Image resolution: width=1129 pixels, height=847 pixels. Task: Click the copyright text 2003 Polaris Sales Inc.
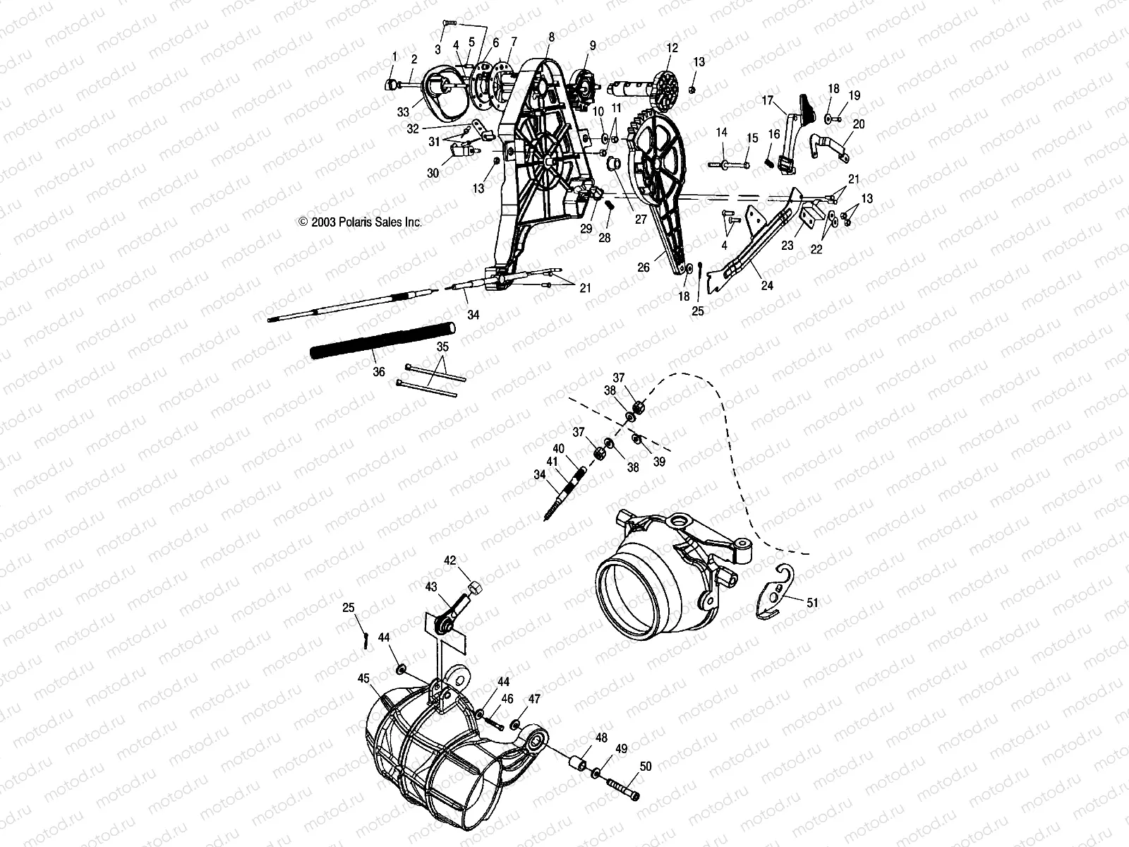(360, 222)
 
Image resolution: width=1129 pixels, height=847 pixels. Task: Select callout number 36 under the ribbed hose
(379, 372)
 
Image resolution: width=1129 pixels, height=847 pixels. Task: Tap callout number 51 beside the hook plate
(812, 602)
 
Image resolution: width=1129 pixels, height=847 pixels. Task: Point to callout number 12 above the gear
(672, 47)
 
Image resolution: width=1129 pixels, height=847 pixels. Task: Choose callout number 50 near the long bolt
(646, 766)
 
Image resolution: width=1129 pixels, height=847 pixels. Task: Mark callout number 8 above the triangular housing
(551, 37)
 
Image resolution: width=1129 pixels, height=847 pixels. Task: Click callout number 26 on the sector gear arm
(644, 268)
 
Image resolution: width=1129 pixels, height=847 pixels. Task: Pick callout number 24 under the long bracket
(766, 286)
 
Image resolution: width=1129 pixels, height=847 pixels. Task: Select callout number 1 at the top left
(395, 56)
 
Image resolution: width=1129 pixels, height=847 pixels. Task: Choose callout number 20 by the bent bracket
(858, 124)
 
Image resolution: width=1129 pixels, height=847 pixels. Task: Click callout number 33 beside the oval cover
(403, 112)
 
